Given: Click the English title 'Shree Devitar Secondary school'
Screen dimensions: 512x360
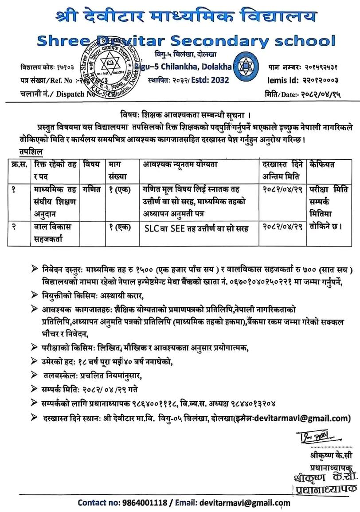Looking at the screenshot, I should (186, 41).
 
